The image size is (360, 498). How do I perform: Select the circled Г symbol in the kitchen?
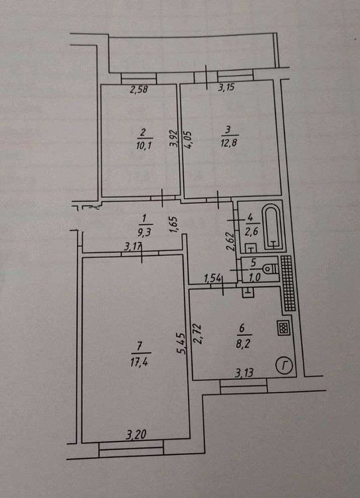pyautogui.click(x=283, y=366)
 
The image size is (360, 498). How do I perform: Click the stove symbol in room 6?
pyautogui.click(x=283, y=328)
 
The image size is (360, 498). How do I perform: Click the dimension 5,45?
pyautogui.click(x=181, y=343)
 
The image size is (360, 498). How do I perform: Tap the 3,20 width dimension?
pyautogui.click(x=136, y=434)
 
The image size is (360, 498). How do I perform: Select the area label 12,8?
pyautogui.click(x=229, y=142)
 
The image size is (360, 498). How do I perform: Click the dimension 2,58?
pyautogui.click(x=139, y=90)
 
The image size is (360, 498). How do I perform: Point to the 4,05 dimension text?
pyautogui.click(x=188, y=140)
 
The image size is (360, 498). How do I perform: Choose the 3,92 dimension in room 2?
pyautogui.click(x=174, y=138)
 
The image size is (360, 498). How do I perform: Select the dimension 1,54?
pyautogui.click(x=212, y=278)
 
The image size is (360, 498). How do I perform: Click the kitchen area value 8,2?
pyautogui.click(x=243, y=345)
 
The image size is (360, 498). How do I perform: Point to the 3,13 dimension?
pyautogui.click(x=244, y=372)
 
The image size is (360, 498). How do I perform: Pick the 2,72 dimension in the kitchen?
pyautogui.click(x=198, y=334)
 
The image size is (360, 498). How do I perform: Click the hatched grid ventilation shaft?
pyautogui.click(x=288, y=283)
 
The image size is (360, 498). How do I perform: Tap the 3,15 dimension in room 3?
pyautogui.click(x=226, y=87)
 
